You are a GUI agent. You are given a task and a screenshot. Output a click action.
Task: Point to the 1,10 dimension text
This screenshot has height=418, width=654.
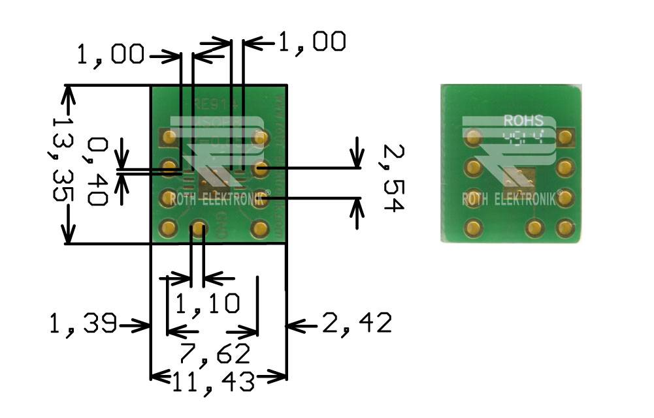pyautogui.click(x=207, y=303)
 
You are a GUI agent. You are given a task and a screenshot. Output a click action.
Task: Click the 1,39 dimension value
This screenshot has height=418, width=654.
pyautogui.click(x=82, y=323)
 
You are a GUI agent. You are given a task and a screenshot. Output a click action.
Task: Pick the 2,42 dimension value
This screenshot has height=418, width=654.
pyautogui.click(x=357, y=323)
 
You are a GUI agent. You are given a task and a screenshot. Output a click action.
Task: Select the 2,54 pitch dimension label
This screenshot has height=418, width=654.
pyautogui.click(x=393, y=178)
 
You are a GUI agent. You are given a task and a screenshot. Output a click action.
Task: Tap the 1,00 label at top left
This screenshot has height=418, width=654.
pyautogui.click(x=110, y=55)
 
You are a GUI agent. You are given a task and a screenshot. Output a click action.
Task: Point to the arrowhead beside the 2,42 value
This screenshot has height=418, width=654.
pyautogui.click(x=295, y=323)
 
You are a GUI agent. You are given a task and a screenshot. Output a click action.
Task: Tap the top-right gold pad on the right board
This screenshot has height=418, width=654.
pyautogui.click(x=565, y=138)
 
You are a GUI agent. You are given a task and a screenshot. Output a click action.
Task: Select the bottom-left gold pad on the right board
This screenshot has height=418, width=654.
pyautogui.click(x=472, y=228)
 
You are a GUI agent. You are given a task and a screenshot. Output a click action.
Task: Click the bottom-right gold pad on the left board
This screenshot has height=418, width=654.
pyautogui.click(x=261, y=228)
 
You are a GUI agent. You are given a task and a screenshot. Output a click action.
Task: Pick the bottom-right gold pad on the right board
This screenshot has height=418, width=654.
pyautogui.click(x=564, y=228)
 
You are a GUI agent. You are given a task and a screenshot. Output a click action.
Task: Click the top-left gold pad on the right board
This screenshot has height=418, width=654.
pyautogui.click(x=472, y=138)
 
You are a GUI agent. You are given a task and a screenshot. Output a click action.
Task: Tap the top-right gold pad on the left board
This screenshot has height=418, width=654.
pyautogui.click(x=261, y=137)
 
